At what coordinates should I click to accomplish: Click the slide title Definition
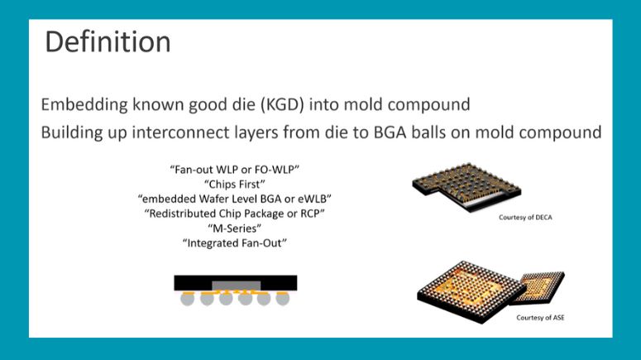coord(108,41)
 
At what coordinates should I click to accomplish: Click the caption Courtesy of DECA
coord(525,218)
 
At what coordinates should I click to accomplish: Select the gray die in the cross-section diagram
coord(235,286)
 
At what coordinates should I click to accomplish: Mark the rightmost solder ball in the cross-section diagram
coord(282,300)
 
